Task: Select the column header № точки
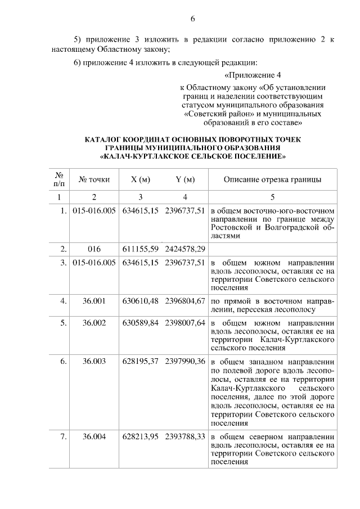(x=94, y=180)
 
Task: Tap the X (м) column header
(x=140, y=180)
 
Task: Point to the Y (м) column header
(x=185, y=180)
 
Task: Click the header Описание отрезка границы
(x=273, y=180)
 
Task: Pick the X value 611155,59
(x=140, y=248)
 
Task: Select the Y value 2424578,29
(x=185, y=248)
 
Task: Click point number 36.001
(x=94, y=301)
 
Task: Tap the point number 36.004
(x=94, y=436)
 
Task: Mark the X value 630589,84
(x=140, y=323)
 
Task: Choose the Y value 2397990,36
(x=185, y=361)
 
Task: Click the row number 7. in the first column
(x=64, y=436)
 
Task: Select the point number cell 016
(x=94, y=248)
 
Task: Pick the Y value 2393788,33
(x=185, y=436)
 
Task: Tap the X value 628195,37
(x=140, y=361)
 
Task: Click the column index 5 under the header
(x=273, y=197)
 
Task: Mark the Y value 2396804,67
(x=185, y=301)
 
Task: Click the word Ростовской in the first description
(x=231, y=227)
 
